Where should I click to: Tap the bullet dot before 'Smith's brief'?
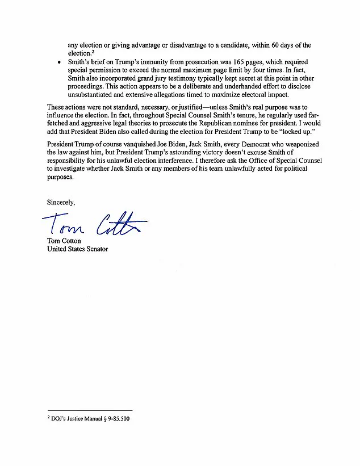pyautogui.click(x=60, y=63)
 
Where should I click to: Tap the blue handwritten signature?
pyautogui.click(x=94, y=224)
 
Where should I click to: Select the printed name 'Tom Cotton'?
pyautogui.click(x=64, y=241)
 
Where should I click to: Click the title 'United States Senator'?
pyautogui.click(x=77, y=249)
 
